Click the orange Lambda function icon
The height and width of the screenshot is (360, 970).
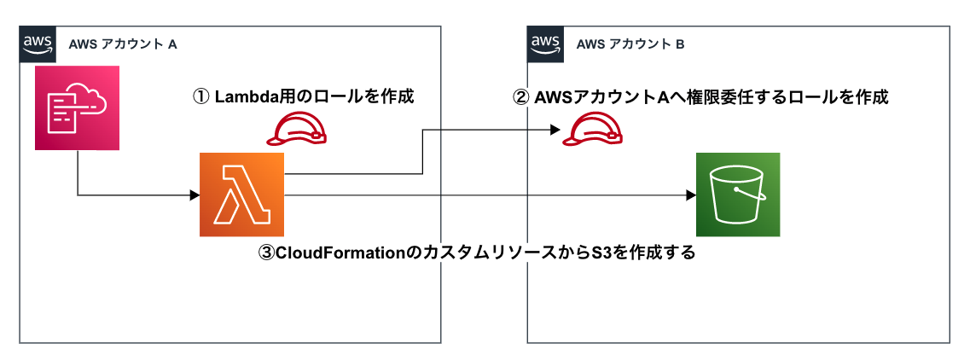point(241,195)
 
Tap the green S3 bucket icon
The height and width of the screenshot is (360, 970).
point(737,195)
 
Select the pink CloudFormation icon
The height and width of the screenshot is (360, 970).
point(76,109)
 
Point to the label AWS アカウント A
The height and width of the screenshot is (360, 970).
point(122,44)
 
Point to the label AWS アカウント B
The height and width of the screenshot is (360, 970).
point(630,44)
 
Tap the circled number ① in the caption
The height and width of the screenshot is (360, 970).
point(201,96)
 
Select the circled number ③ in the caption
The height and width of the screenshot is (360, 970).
point(265,253)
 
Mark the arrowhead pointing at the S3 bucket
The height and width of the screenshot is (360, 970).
point(690,195)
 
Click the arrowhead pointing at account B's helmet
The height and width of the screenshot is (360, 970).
point(555,130)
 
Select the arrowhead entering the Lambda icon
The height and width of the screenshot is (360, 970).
point(195,195)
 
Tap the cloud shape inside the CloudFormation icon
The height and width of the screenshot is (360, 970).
point(90,100)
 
